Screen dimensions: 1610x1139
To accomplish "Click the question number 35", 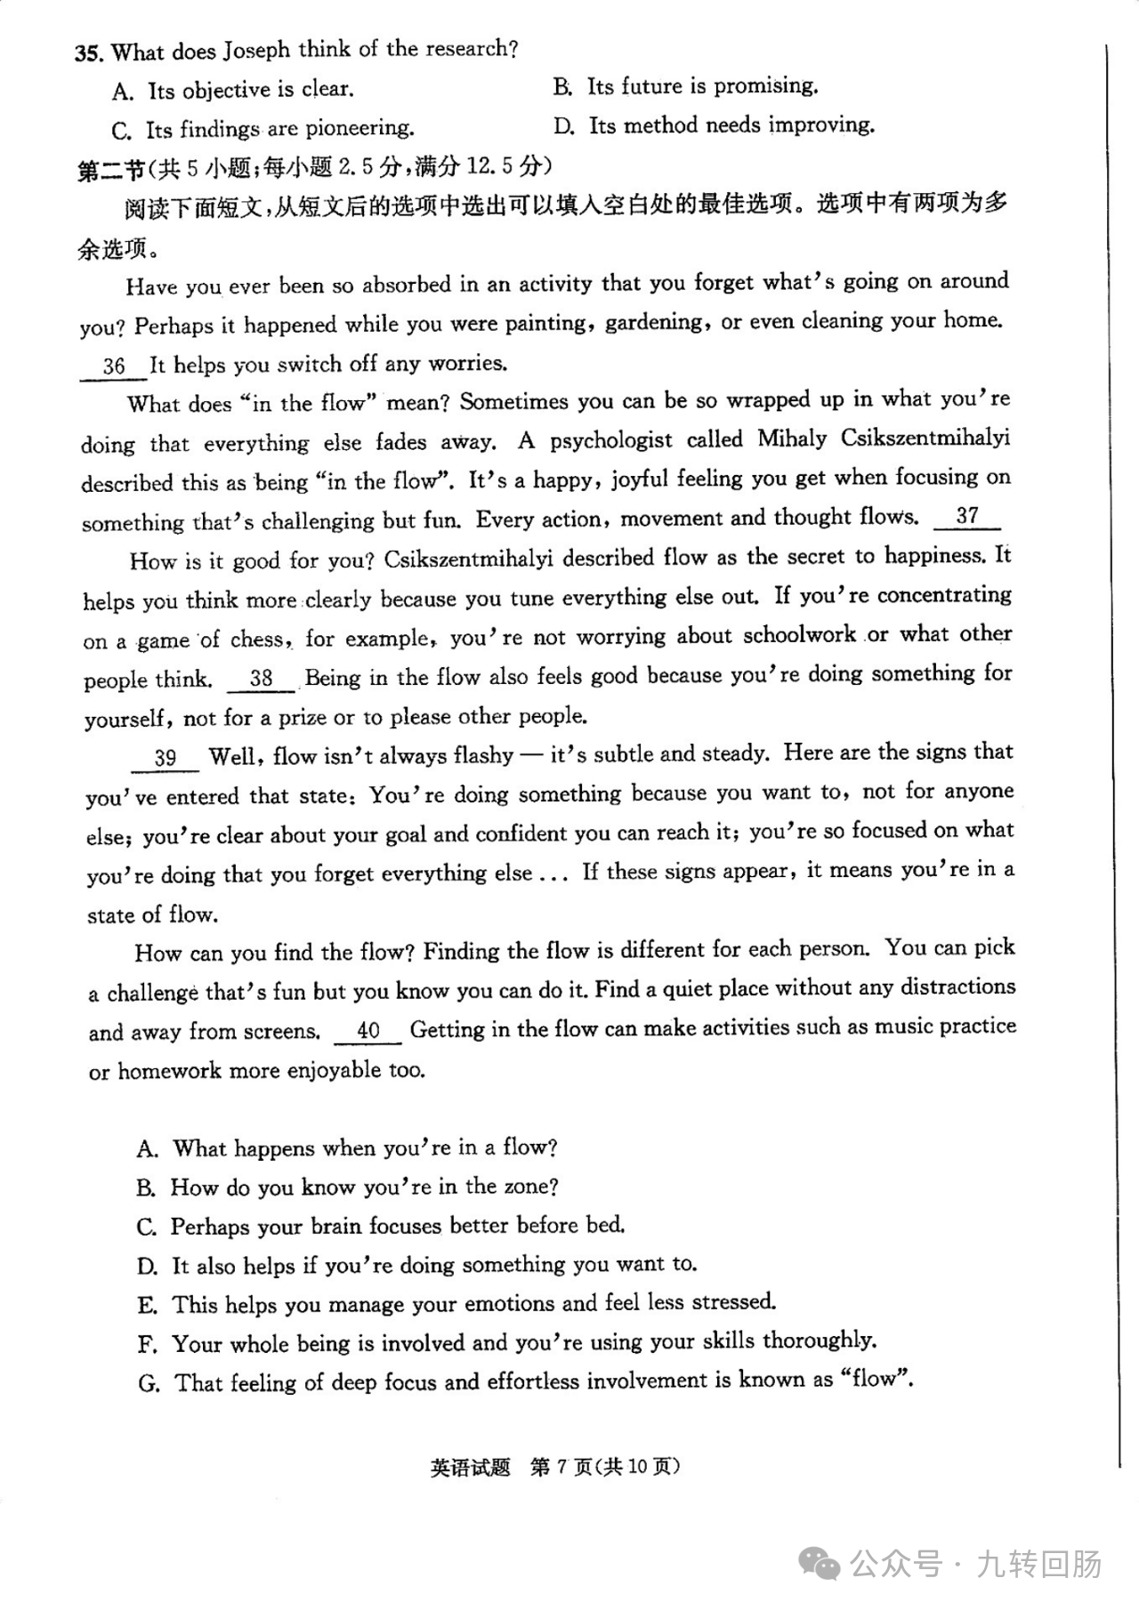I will [88, 52].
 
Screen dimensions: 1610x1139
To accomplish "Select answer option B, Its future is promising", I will [684, 86].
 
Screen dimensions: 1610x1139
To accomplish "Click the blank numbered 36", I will [113, 366].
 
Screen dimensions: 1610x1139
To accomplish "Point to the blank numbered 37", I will [966, 516].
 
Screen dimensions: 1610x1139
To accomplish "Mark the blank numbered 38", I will [261, 679].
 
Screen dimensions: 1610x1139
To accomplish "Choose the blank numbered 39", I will [166, 758].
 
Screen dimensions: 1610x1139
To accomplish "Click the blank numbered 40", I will [368, 1030].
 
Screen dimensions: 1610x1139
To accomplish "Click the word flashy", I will [483, 756].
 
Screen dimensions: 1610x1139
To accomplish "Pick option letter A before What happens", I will [147, 1149].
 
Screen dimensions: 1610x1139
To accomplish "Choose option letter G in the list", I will [149, 1383].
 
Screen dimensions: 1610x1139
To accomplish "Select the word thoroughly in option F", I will [819, 1340].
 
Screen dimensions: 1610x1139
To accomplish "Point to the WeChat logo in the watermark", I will [819, 1563].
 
